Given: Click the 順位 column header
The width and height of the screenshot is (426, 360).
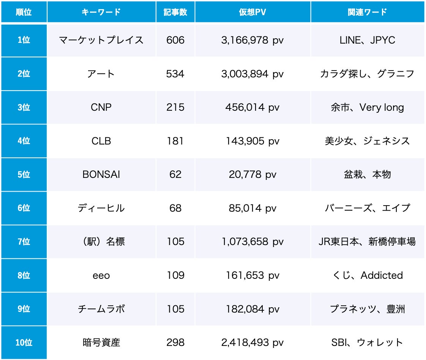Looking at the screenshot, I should (x=24, y=12).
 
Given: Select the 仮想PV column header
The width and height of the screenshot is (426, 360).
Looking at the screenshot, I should (x=252, y=12).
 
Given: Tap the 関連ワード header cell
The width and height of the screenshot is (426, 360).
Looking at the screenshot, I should (x=367, y=12).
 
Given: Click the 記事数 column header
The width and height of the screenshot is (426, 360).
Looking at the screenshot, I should (x=175, y=12).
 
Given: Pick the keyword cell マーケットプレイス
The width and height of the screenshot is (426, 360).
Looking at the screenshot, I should (x=101, y=40).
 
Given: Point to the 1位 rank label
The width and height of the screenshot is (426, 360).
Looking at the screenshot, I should (x=24, y=40).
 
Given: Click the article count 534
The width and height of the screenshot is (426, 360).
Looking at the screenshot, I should (x=175, y=74).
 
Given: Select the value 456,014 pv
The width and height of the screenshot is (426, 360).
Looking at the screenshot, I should (x=252, y=107).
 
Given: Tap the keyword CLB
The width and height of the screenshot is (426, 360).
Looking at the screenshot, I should (x=101, y=141).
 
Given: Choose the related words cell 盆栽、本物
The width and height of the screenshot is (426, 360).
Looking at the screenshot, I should (x=367, y=174).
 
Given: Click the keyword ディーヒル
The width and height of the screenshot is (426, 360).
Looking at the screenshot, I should (x=101, y=208).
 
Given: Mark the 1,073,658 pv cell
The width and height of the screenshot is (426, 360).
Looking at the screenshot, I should (x=252, y=242).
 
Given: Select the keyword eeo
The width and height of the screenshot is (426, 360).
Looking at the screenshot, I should (x=101, y=275).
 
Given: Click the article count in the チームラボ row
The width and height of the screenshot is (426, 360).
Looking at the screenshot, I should (x=175, y=309).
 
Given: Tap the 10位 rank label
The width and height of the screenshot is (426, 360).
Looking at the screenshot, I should (x=24, y=343).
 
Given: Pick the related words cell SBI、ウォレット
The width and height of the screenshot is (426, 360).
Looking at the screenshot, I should (x=367, y=343).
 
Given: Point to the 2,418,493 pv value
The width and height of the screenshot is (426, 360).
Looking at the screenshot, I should (x=252, y=343).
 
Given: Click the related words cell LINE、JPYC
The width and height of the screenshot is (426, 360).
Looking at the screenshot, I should (x=367, y=40).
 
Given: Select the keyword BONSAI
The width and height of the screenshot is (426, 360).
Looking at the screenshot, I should (x=101, y=174).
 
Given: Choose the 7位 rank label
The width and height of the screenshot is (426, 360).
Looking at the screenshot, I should (x=24, y=242).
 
